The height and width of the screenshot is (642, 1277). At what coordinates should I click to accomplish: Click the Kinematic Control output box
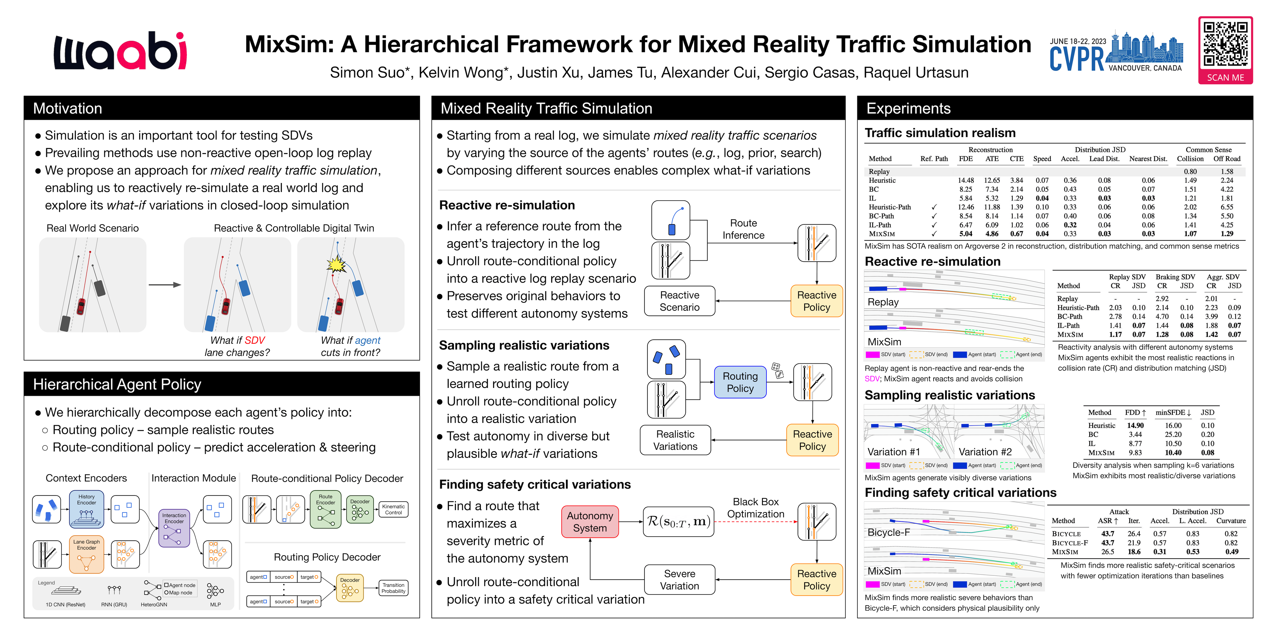(393, 509)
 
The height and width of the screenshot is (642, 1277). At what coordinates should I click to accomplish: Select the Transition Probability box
(393, 588)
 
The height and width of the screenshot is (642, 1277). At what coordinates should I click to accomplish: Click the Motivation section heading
(67, 109)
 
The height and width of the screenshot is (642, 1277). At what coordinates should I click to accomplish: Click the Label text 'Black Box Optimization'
(755, 507)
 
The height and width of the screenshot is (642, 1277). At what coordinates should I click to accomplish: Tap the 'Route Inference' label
(743, 229)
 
